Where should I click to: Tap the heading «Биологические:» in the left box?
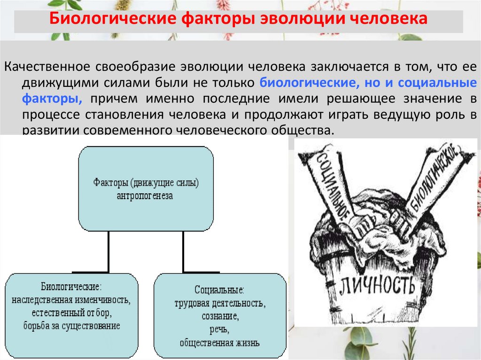pyautogui.click(x=71, y=287)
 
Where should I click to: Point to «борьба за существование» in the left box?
pyautogui.click(x=71, y=325)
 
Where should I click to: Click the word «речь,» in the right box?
pyautogui.click(x=219, y=329)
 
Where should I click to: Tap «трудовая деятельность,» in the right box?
pyautogui.click(x=219, y=303)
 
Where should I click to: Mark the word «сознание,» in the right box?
pyautogui.click(x=219, y=316)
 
